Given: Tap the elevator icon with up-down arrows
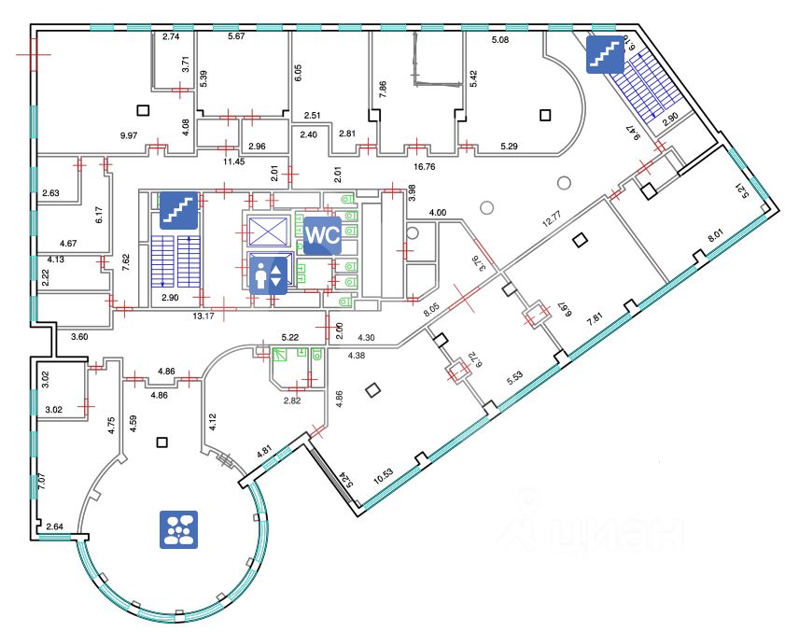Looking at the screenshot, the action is [x=268, y=275].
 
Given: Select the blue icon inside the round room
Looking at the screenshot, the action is [x=178, y=527].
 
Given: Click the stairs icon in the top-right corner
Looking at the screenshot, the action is [x=604, y=55].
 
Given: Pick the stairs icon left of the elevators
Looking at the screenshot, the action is [x=178, y=209].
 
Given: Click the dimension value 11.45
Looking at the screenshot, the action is [x=233, y=162].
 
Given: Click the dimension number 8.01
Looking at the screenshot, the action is [x=713, y=237].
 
